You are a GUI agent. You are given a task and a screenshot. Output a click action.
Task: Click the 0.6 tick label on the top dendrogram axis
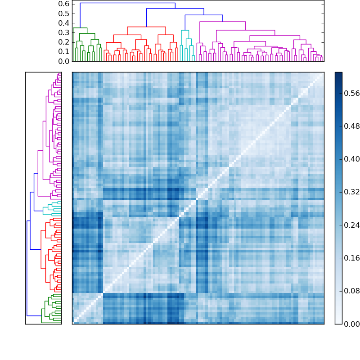point(63,4)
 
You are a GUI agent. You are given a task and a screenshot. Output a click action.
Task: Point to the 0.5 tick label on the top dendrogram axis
point(63,13)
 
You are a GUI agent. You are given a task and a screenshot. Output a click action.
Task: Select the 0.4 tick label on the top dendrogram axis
point(63,23)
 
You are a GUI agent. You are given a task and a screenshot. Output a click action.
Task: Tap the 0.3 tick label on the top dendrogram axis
point(63,32)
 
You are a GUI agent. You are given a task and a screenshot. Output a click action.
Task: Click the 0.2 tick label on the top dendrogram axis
point(63,42)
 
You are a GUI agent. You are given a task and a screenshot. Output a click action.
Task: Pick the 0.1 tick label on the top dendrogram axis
point(63,52)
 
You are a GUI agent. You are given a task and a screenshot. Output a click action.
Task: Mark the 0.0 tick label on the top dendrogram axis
point(63,61)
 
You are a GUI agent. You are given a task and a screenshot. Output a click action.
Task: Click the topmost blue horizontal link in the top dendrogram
point(127,3)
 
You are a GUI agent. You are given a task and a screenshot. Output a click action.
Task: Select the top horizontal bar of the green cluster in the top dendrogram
point(80,28)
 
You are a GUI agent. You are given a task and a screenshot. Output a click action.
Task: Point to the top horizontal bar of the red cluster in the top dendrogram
point(139,27)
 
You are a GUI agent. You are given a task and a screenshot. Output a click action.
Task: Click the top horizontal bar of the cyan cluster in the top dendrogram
point(185,30)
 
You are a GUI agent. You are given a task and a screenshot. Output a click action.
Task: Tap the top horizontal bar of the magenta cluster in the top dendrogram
point(222,22)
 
